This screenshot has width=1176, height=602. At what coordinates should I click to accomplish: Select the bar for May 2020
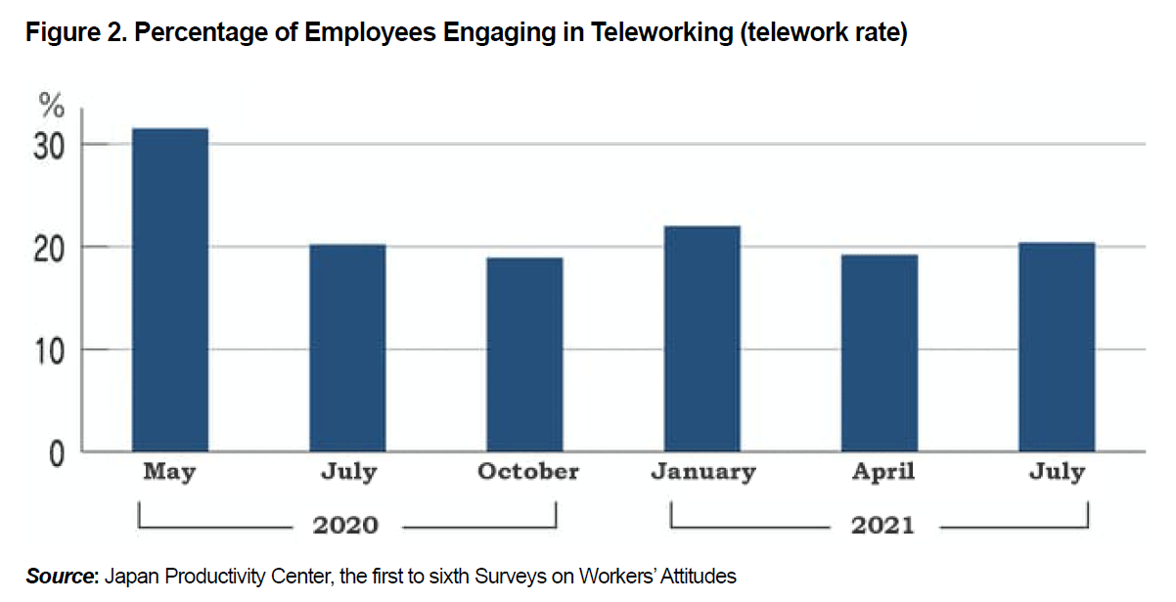169,290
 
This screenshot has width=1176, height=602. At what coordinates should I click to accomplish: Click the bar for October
524,354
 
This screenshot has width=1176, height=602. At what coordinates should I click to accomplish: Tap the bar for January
701,339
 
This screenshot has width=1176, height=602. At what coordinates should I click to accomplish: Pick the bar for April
880,352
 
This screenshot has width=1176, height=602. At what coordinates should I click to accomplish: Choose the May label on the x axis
169,472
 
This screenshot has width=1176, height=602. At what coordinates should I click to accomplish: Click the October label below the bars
527,472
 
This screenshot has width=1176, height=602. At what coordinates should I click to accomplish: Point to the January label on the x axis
702,472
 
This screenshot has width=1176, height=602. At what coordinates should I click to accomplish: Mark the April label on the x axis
882,472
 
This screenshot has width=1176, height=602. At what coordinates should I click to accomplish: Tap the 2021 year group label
882,526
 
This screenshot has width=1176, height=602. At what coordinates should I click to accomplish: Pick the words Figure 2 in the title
72,33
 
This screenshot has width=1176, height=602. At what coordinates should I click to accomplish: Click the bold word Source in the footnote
60,577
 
